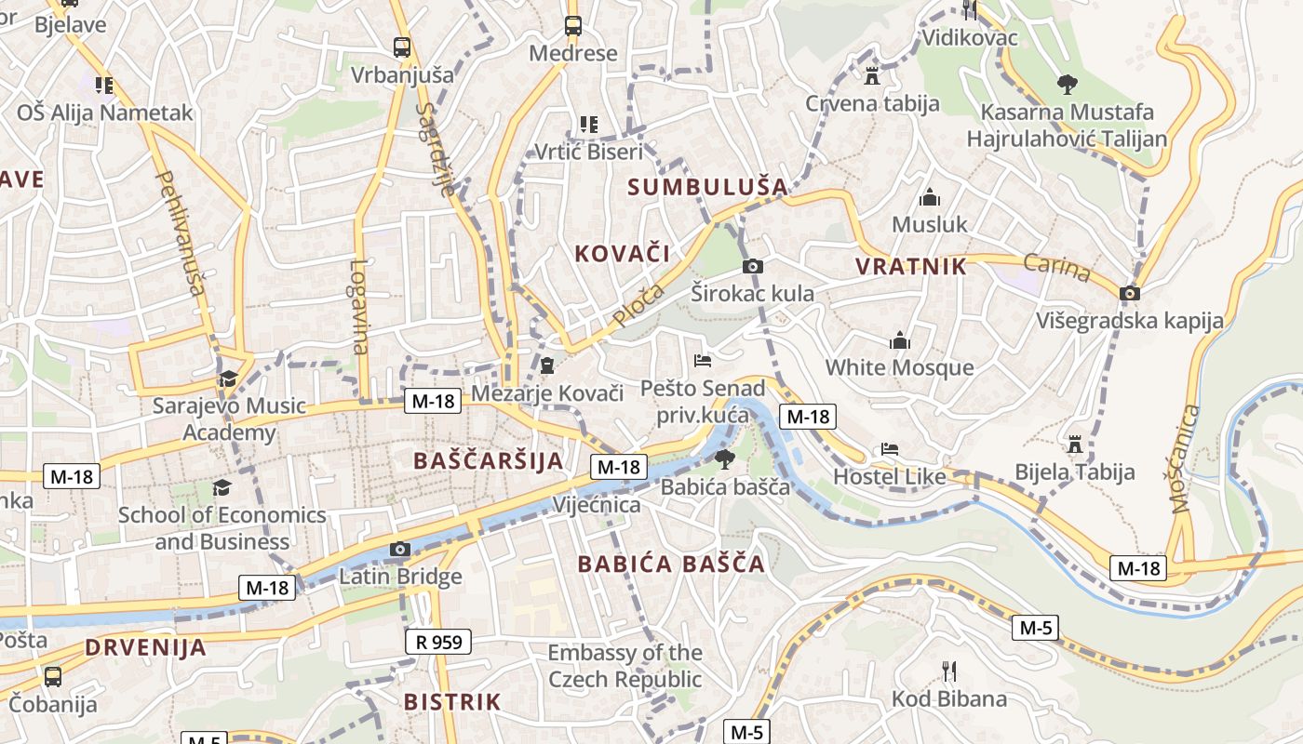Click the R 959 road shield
coord(438,641)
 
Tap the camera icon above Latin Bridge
coord(400,549)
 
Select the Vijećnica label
coord(597,505)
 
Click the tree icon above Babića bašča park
coord(724,458)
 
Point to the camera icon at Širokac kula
coord(753,267)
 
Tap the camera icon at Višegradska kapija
coord(1130,293)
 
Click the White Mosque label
coord(899,367)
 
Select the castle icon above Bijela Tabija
coord(1075,444)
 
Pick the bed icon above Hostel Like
coord(890,449)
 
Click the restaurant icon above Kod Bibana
coord(949,671)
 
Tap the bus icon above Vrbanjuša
coord(402,46)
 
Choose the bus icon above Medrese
coord(572,25)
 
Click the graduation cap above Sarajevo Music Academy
coord(228,379)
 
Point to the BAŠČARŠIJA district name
coord(489,460)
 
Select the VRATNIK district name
coord(911,267)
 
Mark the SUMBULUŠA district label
coord(707,187)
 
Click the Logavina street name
coord(359,306)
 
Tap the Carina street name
coord(1056,268)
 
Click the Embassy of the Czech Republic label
coord(625,666)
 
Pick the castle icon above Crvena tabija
coord(872,74)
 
